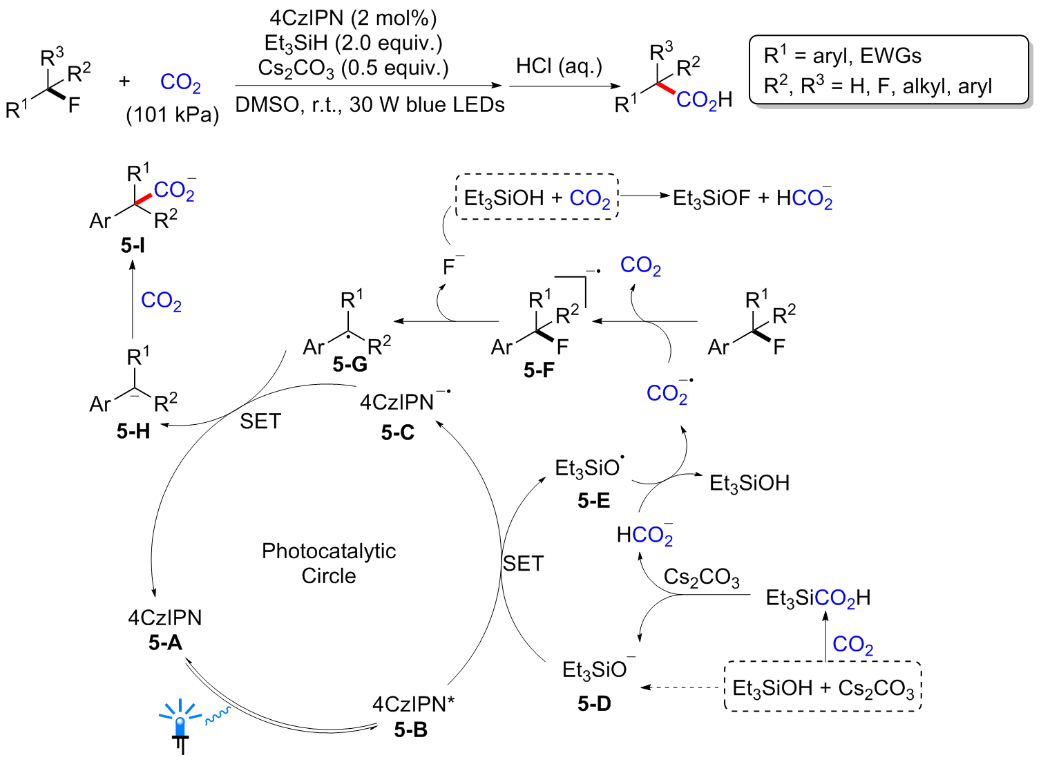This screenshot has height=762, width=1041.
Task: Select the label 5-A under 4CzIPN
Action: coord(165,643)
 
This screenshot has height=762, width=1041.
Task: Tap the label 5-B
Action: coord(410,730)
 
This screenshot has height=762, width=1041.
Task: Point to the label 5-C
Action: coord(397,432)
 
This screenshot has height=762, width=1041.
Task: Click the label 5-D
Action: coord(594,704)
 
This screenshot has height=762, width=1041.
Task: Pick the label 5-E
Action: coord(594,500)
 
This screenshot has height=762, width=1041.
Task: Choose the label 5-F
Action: coord(539,370)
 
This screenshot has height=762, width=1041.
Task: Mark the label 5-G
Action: coord(350,364)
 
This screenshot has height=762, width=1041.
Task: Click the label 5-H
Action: coord(133,431)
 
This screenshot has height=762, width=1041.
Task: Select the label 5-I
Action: coord(133,245)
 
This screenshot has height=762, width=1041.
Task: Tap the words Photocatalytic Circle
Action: coord(329,563)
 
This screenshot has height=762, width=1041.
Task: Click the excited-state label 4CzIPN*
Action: coord(413,704)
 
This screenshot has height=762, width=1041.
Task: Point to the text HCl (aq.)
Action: coord(559,66)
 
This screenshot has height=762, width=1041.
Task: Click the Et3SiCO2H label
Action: coord(818,598)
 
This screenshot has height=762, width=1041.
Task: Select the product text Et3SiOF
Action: coord(711,198)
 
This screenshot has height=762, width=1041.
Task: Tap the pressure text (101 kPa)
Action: coord(172,114)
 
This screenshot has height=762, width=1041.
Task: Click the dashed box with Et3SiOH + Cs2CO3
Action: coord(823,687)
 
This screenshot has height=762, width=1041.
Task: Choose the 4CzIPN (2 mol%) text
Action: coord(353,18)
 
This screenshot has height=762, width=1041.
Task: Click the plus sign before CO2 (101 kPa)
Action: coord(124,82)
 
